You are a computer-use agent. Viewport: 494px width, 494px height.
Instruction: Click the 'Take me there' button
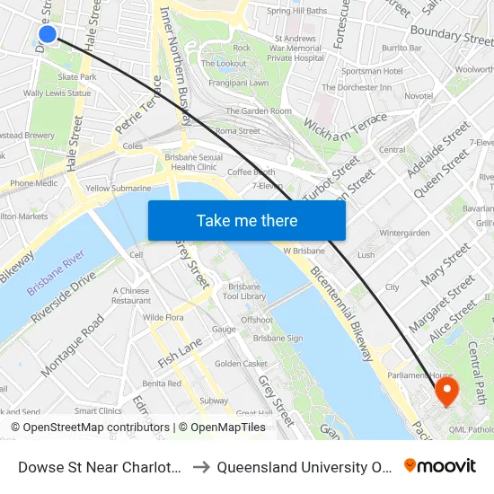(x=247, y=220)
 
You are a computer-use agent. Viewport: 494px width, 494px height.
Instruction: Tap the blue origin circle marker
(x=48, y=34)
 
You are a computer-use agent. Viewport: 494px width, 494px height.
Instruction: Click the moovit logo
(x=440, y=465)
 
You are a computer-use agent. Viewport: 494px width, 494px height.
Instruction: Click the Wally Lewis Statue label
(x=57, y=93)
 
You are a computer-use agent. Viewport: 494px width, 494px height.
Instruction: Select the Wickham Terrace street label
(x=345, y=129)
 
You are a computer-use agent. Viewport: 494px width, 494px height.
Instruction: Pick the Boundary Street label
(x=452, y=37)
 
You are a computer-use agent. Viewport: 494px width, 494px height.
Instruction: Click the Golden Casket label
(x=241, y=364)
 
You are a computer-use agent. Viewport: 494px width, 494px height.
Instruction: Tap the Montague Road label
(x=73, y=350)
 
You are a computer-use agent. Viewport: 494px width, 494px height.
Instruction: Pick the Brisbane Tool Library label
(x=244, y=290)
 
